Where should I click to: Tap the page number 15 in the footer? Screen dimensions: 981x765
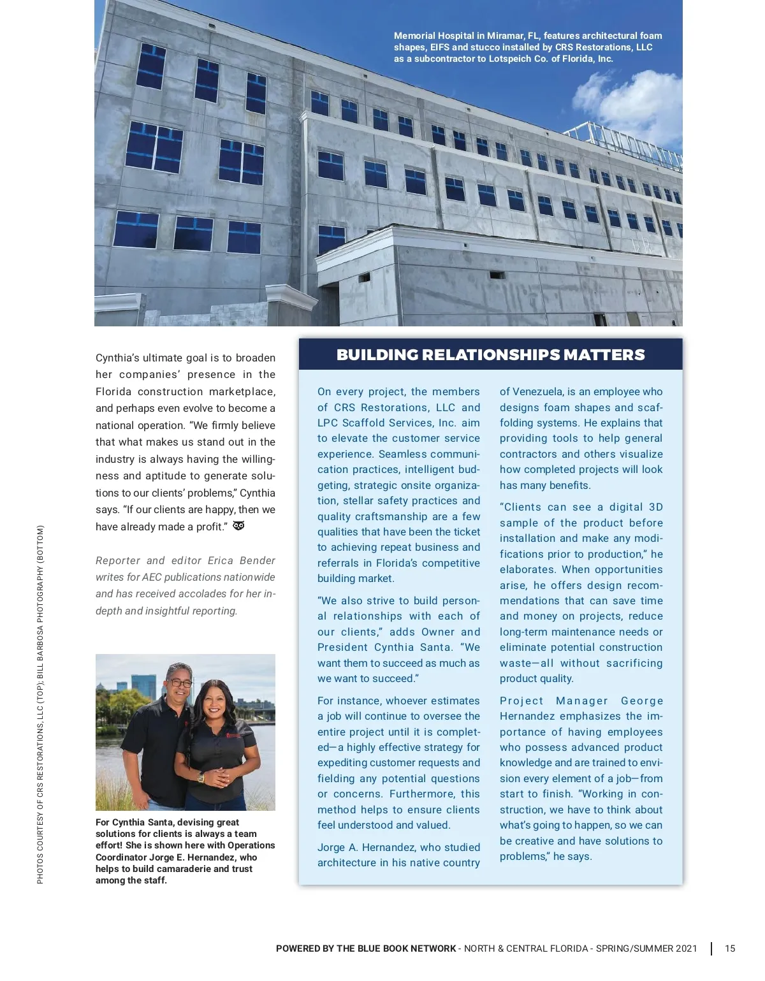(x=730, y=948)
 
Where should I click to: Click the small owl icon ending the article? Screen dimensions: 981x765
(x=239, y=526)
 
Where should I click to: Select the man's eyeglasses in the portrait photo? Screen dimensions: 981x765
(x=179, y=683)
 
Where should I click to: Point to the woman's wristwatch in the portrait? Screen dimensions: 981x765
(x=201, y=778)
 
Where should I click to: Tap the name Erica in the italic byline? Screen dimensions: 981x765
(x=221, y=560)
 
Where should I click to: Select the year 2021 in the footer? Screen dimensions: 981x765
(x=686, y=948)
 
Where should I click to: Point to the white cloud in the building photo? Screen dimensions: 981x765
(x=628, y=102)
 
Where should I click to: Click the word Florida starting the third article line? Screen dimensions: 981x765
(x=114, y=391)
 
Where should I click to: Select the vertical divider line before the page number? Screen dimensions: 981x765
(x=711, y=948)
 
